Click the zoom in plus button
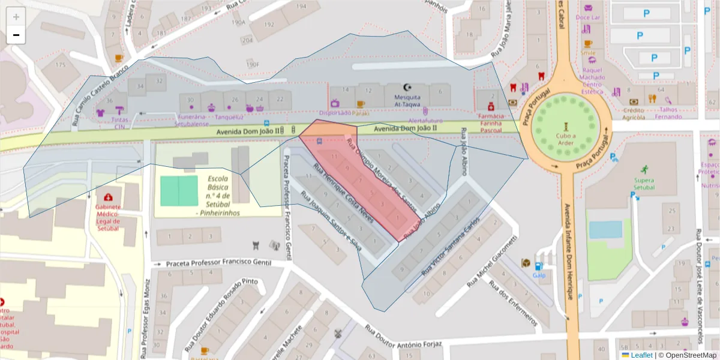16,17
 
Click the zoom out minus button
16,35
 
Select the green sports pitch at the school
179,191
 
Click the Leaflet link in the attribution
641,355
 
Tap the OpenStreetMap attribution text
687,355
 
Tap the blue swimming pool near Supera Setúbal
605,229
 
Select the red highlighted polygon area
360,180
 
